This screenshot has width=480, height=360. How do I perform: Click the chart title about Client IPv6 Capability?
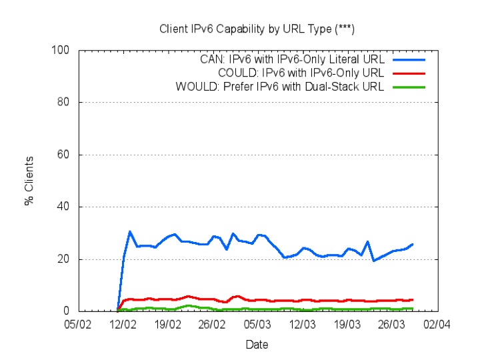coord(257,29)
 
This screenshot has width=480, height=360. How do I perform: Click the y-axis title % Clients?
coord(29,181)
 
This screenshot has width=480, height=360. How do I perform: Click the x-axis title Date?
coord(257,345)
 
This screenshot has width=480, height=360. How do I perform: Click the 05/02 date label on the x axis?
coord(78,324)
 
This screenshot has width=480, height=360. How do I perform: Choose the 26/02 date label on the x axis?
coord(212,324)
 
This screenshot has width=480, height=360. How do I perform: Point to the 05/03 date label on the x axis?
coord(257,324)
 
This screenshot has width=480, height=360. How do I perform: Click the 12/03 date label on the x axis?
coord(302,324)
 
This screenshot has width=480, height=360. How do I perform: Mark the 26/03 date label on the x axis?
coord(391,324)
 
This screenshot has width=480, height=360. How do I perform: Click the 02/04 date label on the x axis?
coord(436,324)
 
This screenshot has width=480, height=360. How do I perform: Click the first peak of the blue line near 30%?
coord(129,231)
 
